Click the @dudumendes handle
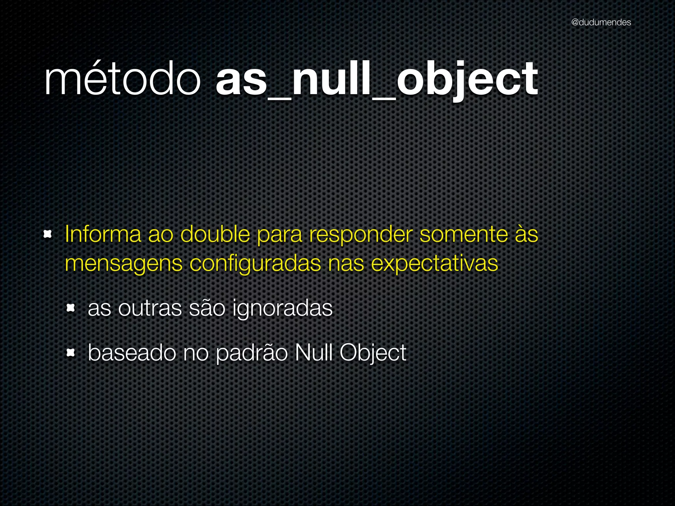click(x=601, y=22)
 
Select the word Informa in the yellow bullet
click(x=103, y=234)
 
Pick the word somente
click(x=464, y=234)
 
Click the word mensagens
click(x=124, y=264)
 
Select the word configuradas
click(x=255, y=264)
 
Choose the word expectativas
click(x=434, y=264)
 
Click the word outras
click(x=150, y=308)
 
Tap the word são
click(x=207, y=308)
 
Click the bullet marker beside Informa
click(x=48, y=234)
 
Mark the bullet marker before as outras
click(x=71, y=308)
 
